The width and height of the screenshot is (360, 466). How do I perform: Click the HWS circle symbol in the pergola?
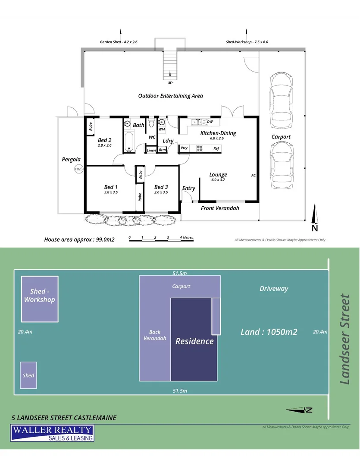pos(78,169)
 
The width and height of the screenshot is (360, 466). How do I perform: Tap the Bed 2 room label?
pos(105,140)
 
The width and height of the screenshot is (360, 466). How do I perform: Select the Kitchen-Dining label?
pos(218,133)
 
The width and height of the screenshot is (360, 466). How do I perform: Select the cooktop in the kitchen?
pos(200,148)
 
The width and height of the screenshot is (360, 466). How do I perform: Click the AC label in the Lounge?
pos(254,175)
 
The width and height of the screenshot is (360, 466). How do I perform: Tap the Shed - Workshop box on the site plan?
pos(40,299)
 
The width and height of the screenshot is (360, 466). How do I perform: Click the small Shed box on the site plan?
pos(28,375)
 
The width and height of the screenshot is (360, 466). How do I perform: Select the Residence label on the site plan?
pos(194,341)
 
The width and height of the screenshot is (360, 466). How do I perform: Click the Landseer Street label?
pos(345,339)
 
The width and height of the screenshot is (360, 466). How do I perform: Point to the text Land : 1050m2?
pos(269,332)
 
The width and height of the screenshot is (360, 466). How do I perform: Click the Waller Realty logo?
pos(52,433)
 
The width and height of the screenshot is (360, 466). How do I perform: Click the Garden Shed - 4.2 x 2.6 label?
pos(118,42)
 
